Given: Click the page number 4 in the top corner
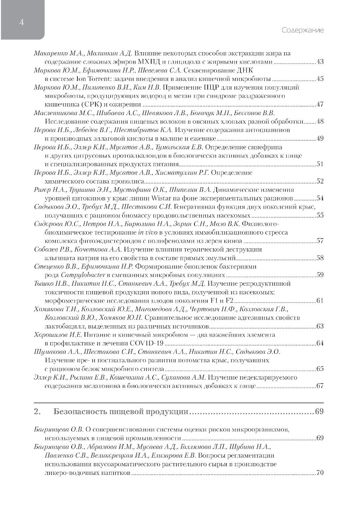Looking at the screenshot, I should pyautogui.click(x=22, y=23).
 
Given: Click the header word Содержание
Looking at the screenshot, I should pyautogui.click(x=302, y=30).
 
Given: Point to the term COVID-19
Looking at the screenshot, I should pyautogui.click(x=145, y=343).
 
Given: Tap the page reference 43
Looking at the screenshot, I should pyautogui.click(x=320, y=62).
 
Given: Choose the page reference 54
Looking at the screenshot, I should pyautogui.click(x=320, y=198).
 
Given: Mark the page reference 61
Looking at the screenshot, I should pyautogui.click(x=320, y=300).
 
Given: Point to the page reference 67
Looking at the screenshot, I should pyautogui.click(x=320, y=386).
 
